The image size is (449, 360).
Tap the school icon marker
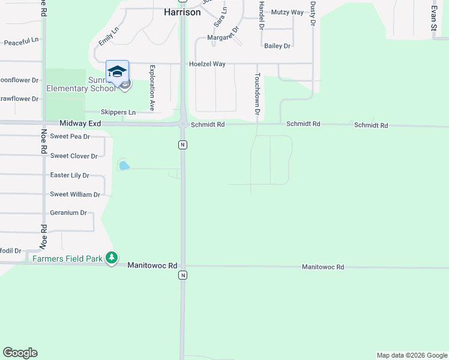tap(117, 71)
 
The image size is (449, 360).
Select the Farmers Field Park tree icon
tap(111, 257)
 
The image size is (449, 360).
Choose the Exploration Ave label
tap(152, 88)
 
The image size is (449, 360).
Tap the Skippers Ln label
tap(118, 112)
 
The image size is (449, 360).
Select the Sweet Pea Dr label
tap(70, 136)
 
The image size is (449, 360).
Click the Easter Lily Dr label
tap(70, 175)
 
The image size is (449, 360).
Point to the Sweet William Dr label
tap(74, 194)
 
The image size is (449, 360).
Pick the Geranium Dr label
tap(68, 213)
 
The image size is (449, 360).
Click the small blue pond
tap(124, 166)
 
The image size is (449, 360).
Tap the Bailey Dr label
tap(277, 46)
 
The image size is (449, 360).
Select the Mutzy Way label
tap(288, 12)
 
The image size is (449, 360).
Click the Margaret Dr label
tap(223, 37)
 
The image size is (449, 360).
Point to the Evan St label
tap(433, 19)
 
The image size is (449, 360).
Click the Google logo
tap(20, 353)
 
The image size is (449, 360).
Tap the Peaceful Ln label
tap(21, 43)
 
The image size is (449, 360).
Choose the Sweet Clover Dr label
tap(74, 156)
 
